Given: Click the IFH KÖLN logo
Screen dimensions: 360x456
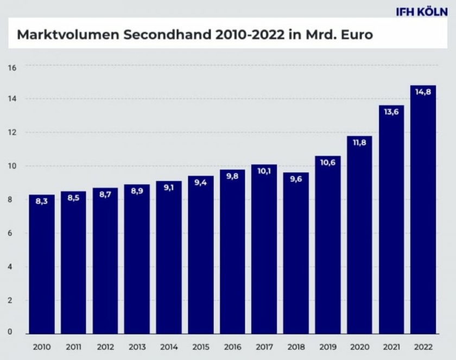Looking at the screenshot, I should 421,12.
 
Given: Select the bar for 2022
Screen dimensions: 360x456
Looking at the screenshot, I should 423,212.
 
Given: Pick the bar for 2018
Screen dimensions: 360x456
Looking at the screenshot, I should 296,255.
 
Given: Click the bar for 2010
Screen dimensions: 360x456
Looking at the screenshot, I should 42,266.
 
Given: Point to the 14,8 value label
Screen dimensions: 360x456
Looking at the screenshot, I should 423,92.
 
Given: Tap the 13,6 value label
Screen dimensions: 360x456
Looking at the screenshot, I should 391,112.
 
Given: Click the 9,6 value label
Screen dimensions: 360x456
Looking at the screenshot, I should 296,180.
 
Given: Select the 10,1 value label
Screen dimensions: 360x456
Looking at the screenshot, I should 264,172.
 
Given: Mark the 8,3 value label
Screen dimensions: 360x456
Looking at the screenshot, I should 42,201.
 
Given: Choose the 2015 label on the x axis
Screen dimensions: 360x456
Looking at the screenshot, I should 201,347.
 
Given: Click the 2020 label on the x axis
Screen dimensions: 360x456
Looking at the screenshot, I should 359,347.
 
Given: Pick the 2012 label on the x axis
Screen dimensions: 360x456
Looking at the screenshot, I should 105,347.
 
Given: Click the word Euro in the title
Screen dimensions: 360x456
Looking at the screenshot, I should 357,35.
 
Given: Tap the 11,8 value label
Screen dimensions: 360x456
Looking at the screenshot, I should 359,143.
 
